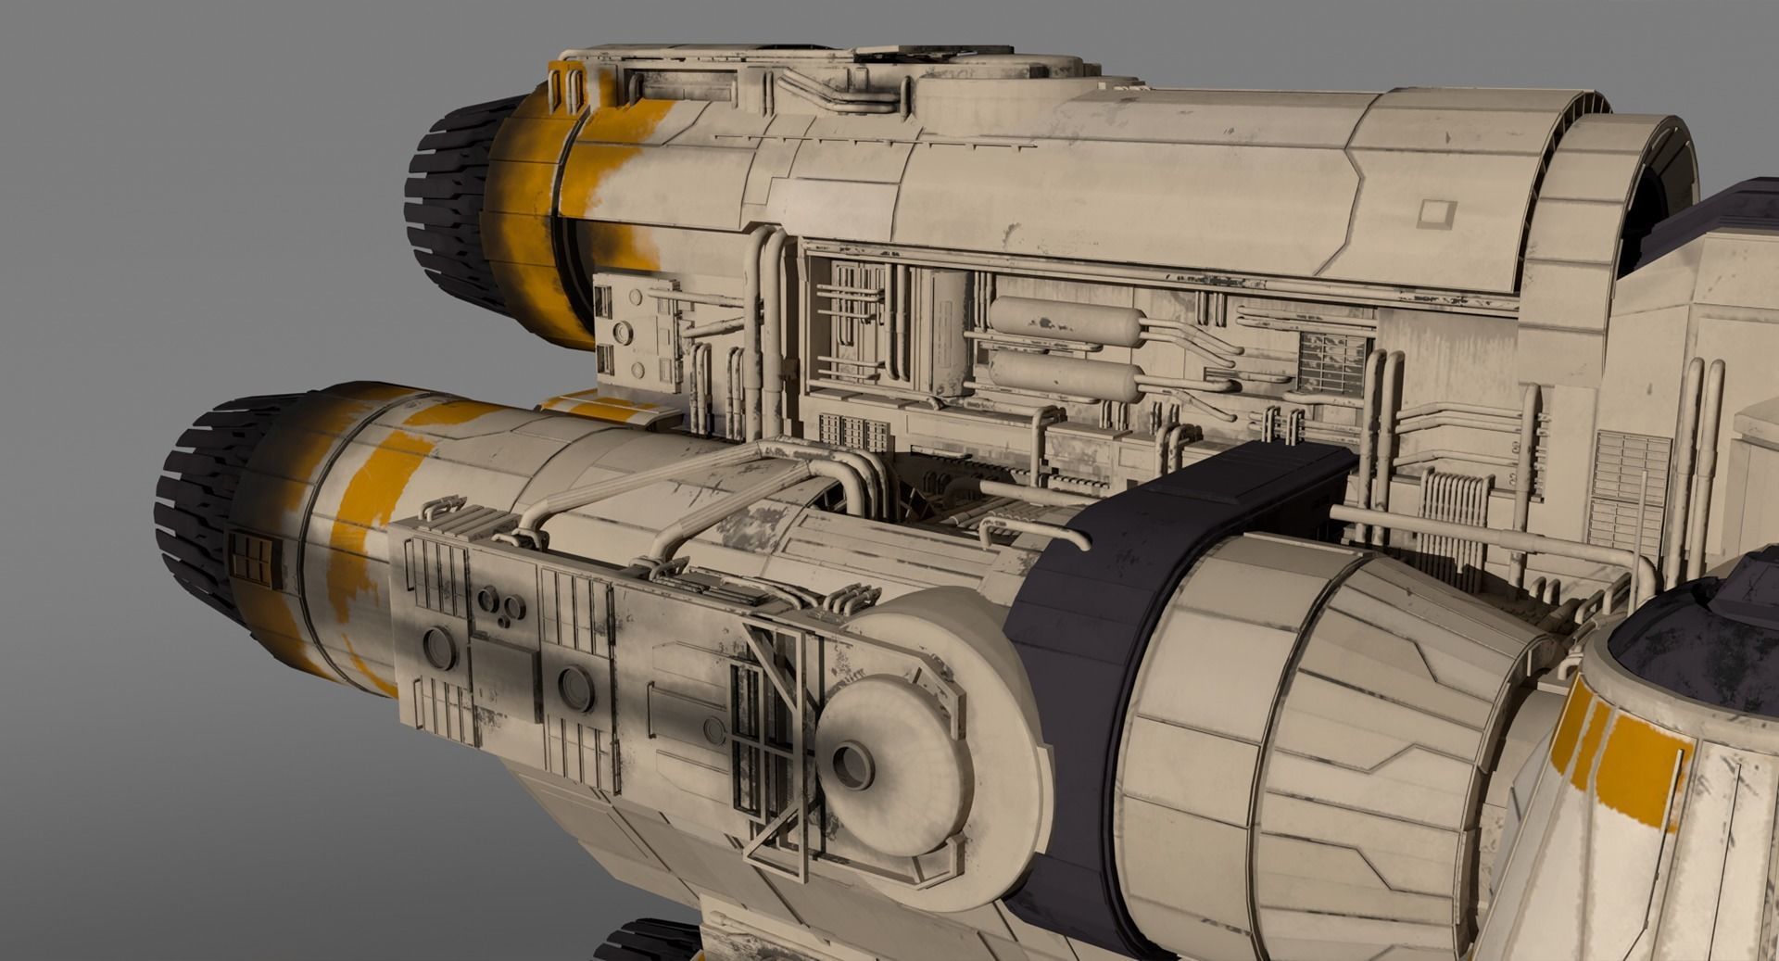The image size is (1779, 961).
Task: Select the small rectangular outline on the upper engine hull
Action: click(1435, 214)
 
